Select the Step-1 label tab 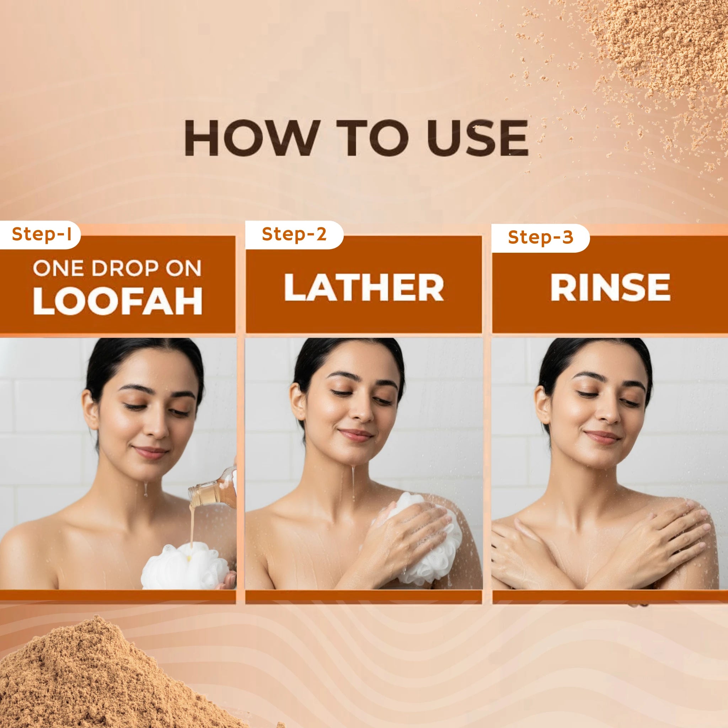point(40,235)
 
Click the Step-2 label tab point(294,235)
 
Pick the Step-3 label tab point(540,237)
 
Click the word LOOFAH point(118,301)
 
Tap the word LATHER point(364,287)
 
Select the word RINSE point(610,287)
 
